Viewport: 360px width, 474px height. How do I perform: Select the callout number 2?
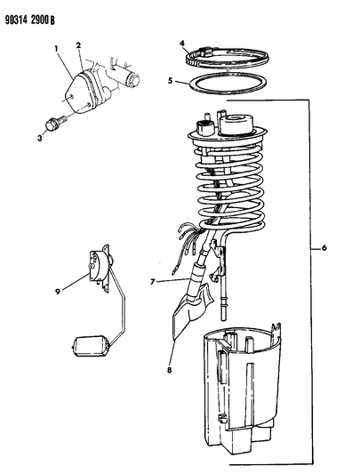click(x=78, y=44)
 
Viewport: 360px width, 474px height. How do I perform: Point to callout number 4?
click(x=181, y=43)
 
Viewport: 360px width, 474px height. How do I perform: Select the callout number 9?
click(x=83, y=288)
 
